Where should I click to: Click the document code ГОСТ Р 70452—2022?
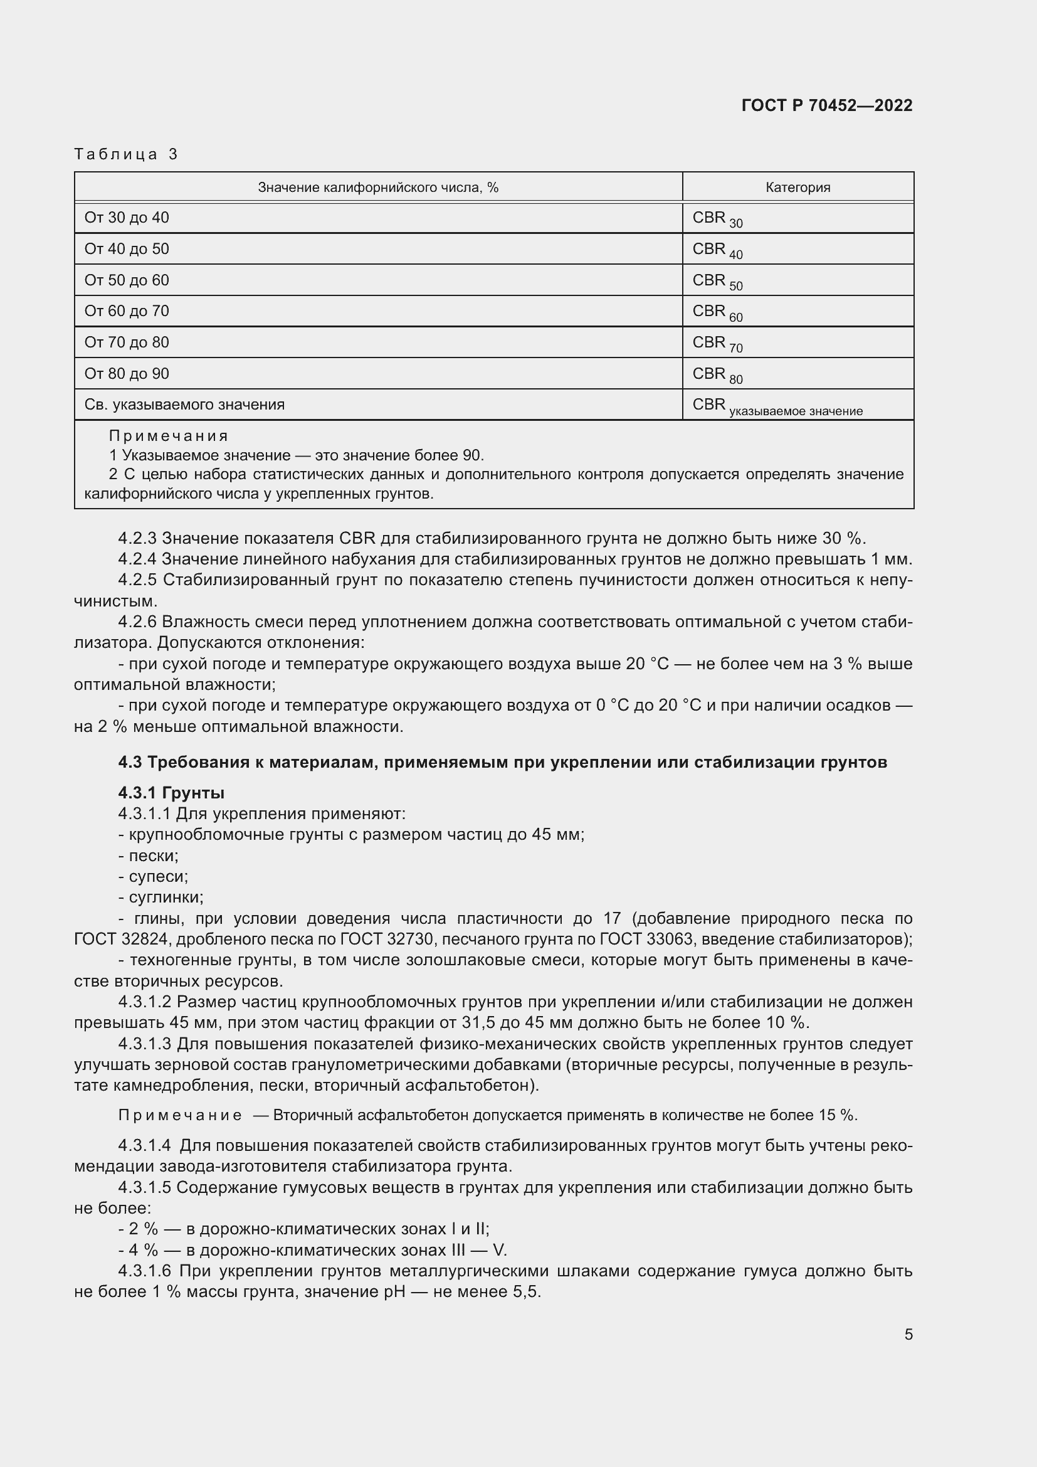point(827,105)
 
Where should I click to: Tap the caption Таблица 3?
point(126,154)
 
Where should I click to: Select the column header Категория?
point(797,187)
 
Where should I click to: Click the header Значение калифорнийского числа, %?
point(378,187)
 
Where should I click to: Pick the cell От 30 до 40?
point(127,218)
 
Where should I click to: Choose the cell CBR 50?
point(717,281)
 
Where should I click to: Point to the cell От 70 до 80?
point(127,342)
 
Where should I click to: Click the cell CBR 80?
point(717,374)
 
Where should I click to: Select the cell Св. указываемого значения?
point(184,405)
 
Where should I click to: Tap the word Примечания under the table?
point(169,436)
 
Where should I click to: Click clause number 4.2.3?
point(137,538)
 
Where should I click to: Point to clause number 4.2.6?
point(137,622)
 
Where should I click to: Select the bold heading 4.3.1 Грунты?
point(171,793)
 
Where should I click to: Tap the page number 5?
point(908,1334)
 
